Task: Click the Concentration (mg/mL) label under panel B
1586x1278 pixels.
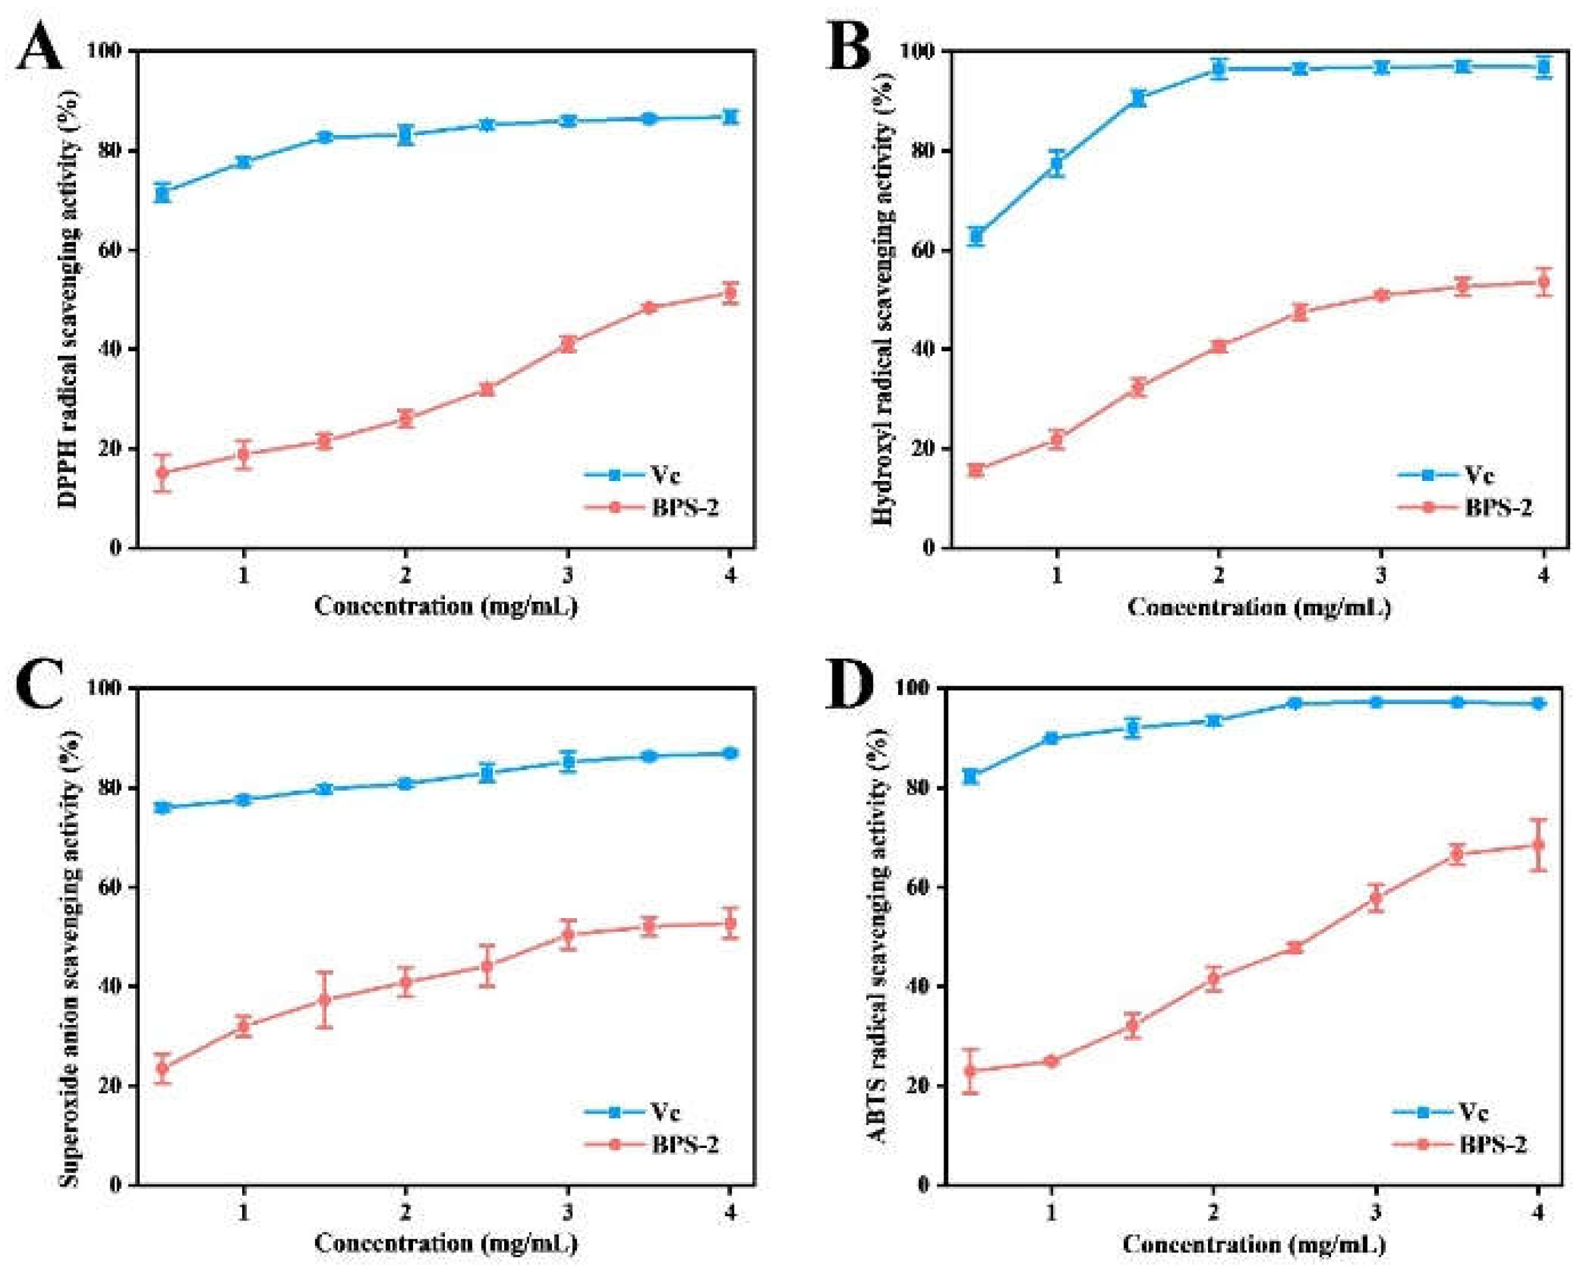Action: [1258, 607]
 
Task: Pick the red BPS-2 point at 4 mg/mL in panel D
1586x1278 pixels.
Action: [1538, 844]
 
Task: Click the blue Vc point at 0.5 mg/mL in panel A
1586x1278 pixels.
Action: [163, 193]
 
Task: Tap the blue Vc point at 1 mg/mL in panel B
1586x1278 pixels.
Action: [1056, 164]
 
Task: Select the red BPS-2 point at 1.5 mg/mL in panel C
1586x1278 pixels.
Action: [324, 1000]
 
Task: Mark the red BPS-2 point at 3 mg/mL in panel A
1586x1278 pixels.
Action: [567, 344]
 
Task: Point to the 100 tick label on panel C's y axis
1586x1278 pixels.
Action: [105, 687]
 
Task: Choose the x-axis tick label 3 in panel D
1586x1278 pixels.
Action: [1374, 1212]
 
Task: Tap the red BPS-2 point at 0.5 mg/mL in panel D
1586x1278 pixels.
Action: [971, 1070]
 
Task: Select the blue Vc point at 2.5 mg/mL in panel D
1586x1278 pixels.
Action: [1294, 703]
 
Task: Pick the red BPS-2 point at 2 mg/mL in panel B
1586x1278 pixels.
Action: [1218, 346]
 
